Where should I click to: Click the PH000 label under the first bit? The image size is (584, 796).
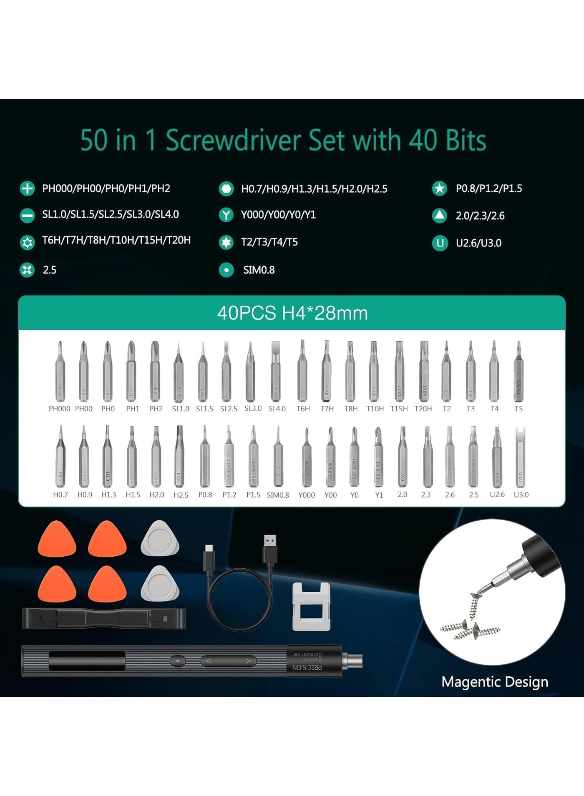point(59,409)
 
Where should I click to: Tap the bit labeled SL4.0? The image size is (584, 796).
point(275,371)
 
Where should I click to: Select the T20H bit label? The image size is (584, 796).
point(423,409)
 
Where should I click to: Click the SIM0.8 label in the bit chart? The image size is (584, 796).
point(278,495)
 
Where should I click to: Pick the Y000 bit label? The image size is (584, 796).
point(307,495)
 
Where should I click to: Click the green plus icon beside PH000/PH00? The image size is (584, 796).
point(28,188)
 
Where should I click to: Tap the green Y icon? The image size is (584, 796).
point(226,215)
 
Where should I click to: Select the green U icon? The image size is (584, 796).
point(440,243)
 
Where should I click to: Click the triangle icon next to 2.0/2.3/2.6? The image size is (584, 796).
point(439,216)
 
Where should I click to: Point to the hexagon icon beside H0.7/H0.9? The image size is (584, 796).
point(226,189)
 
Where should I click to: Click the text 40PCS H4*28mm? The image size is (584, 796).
point(292,313)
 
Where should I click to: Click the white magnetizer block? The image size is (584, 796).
point(312,607)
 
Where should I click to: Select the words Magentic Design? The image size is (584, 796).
point(494,682)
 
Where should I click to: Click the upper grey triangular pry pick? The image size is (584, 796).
point(160,539)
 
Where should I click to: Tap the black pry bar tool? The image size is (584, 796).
point(104,618)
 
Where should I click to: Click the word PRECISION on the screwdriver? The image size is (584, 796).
point(307,668)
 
